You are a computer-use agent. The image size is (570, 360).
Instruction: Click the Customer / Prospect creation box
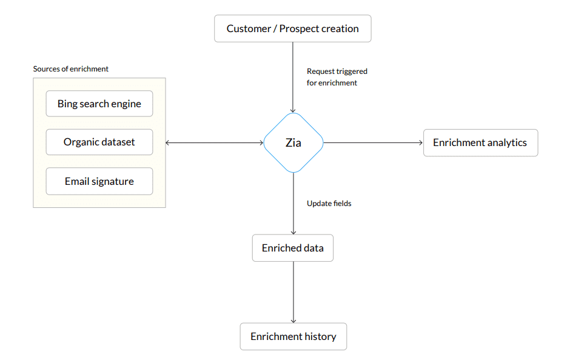pos(292,28)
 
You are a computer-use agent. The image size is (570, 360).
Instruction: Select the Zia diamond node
pos(293,143)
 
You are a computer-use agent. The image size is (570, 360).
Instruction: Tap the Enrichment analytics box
pos(480,143)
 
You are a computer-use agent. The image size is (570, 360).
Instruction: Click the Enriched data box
pos(292,248)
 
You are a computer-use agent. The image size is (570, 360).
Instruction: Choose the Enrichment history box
pos(293,336)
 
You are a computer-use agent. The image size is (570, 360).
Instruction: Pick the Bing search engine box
pos(99,104)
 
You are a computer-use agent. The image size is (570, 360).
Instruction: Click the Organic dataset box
pos(99,142)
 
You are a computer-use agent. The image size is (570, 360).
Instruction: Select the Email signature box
pos(99,181)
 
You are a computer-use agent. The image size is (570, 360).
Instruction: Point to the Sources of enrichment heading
pos(70,69)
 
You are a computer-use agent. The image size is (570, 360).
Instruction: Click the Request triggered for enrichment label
pos(337,77)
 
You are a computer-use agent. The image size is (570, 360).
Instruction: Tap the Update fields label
pos(329,204)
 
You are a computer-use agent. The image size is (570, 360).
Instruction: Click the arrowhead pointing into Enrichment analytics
pos(420,143)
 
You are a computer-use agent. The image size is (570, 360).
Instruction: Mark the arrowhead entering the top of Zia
pos(293,110)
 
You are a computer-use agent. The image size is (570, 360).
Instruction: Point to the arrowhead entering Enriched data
pos(293,232)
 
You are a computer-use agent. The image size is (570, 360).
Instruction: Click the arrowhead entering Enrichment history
pos(293,320)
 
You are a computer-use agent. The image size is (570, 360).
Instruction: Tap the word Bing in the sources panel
pos(68,104)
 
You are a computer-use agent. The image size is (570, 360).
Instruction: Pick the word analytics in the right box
pos(504,143)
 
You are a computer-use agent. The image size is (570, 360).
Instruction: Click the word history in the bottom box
pos(320,336)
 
